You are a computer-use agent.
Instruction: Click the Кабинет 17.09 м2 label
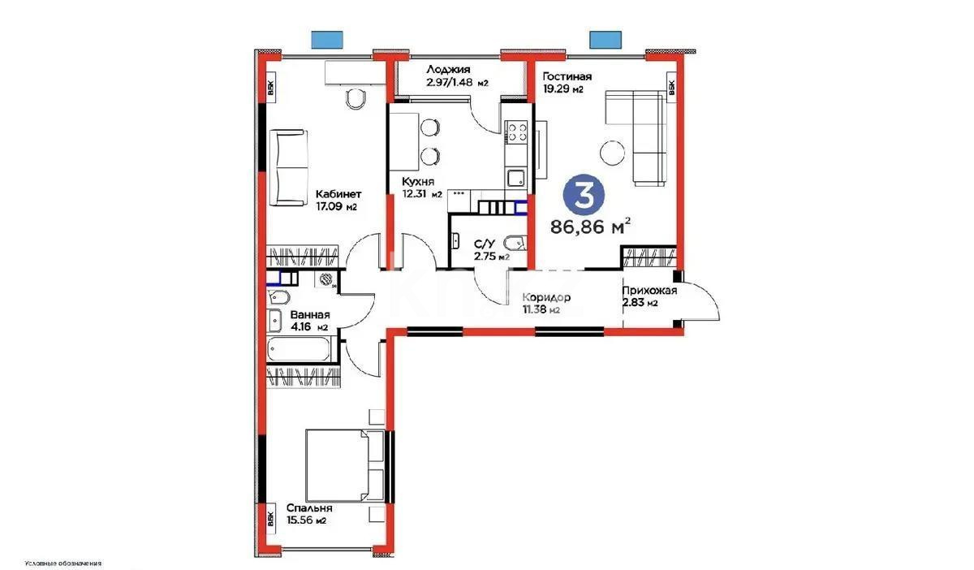pos(338,201)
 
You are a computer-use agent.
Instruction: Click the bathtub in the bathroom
pos(299,351)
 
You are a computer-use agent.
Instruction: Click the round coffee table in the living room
pos(611,152)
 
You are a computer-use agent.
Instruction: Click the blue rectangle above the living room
pos(603,37)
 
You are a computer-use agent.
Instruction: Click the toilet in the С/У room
pos(515,241)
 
